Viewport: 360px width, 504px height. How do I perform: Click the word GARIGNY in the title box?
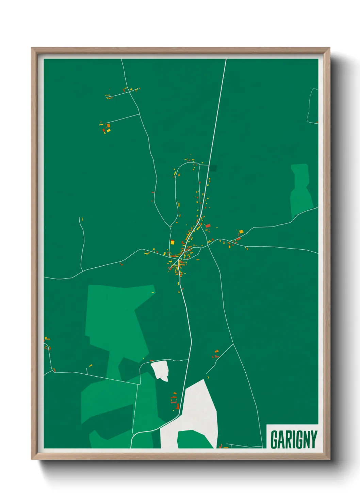294,439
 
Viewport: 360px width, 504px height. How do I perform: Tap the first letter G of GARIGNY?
274,439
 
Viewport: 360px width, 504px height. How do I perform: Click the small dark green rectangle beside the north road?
213,168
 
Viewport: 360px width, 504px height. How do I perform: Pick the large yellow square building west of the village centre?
173,242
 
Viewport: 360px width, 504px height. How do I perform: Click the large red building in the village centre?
208,225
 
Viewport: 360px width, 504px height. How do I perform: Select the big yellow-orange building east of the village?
241,232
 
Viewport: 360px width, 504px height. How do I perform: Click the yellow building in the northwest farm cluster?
108,130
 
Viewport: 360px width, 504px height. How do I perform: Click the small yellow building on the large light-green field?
153,292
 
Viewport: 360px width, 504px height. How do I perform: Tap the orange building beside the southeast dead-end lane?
216,351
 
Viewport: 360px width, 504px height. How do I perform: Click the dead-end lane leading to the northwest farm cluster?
122,118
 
